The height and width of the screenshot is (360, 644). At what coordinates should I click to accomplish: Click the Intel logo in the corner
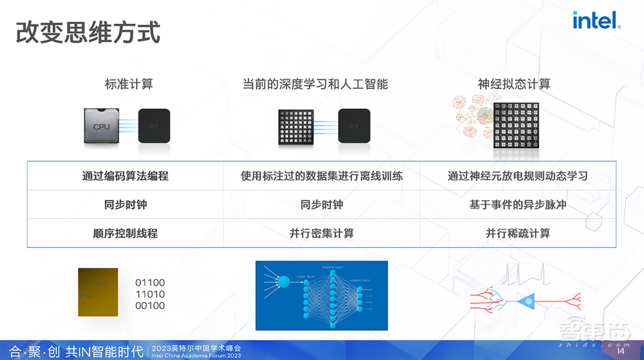click(x=596, y=21)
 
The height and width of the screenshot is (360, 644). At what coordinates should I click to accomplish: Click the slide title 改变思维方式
click(x=88, y=32)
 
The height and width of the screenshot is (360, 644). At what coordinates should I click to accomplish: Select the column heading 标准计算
click(x=129, y=84)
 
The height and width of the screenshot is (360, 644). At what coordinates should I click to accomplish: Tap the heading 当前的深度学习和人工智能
click(x=315, y=84)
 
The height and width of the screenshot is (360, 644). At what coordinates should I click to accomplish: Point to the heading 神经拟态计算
click(x=513, y=84)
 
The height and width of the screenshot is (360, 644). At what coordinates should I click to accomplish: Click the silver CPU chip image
click(x=103, y=126)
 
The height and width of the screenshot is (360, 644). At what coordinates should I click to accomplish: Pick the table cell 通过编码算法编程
click(x=126, y=176)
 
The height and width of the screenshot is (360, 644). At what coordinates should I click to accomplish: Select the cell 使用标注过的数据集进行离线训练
click(x=321, y=176)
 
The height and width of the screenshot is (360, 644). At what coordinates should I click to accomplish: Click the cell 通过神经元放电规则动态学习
click(x=517, y=176)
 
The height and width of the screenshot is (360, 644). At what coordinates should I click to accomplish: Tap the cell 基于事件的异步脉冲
click(x=517, y=205)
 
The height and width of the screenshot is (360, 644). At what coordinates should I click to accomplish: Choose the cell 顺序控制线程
click(x=126, y=233)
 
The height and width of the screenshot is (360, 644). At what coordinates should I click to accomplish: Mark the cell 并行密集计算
click(x=321, y=233)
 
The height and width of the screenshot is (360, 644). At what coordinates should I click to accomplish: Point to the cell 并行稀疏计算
click(x=517, y=233)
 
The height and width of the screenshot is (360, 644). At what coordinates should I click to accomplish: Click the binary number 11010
click(x=150, y=294)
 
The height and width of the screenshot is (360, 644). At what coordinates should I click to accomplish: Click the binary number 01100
click(x=150, y=283)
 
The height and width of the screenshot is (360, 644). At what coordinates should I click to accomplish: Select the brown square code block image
click(x=98, y=292)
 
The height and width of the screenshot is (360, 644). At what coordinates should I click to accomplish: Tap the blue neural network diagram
click(x=321, y=295)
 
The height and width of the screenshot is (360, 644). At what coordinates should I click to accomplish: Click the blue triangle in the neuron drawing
click(x=526, y=300)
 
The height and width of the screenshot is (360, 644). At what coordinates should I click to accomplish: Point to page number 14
click(x=620, y=352)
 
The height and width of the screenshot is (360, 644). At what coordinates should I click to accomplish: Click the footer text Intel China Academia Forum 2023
click(x=196, y=355)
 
